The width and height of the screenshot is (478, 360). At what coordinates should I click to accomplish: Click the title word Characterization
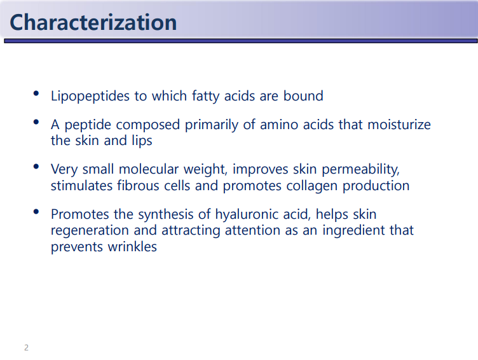(93, 22)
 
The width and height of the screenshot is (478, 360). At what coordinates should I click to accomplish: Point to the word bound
(303, 96)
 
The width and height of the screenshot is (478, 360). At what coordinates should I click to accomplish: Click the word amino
(279, 125)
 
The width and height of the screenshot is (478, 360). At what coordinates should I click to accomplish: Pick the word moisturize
(399, 125)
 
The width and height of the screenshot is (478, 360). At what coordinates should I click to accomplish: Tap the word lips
(142, 141)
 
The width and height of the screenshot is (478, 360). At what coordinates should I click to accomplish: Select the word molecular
(149, 169)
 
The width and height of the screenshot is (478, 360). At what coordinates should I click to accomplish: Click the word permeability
(360, 170)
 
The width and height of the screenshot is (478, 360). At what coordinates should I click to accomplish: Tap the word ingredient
(351, 231)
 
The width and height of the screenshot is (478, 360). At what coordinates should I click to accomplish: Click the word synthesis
(166, 215)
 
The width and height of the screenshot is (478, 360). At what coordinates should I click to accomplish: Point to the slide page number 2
(27, 347)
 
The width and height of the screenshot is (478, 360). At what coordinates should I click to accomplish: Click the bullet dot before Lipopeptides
(36, 93)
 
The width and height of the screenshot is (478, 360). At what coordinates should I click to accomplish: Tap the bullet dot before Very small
(36, 167)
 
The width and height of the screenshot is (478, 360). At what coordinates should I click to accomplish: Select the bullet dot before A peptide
(36, 122)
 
